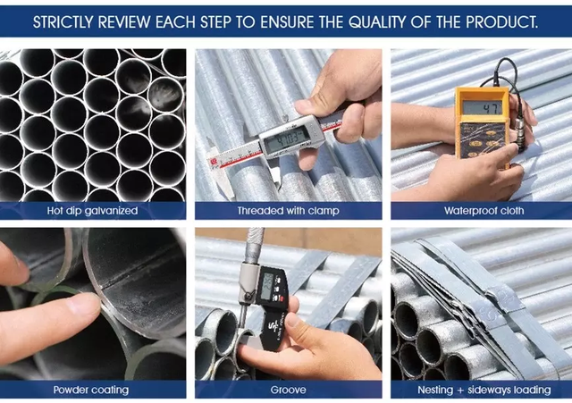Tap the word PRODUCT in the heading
click(x=500, y=21)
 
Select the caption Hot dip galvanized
click(x=93, y=211)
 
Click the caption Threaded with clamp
click(x=288, y=211)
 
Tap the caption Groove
click(x=288, y=390)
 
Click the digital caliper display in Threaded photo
click(x=286, y=139)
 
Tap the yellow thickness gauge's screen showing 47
click(x=480, y=107)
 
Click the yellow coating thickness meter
click(x=481, y=125)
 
